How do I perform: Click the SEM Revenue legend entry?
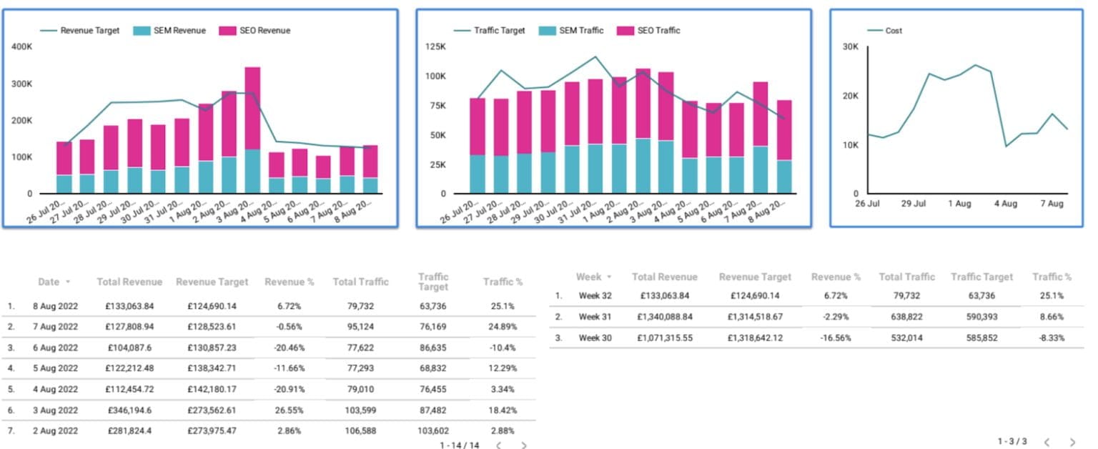point(179,31)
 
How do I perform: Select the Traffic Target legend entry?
point(499,31)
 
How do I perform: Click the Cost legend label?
point(894,31)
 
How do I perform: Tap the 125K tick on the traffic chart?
point(435,46)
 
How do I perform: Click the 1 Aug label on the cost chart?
point(959,204)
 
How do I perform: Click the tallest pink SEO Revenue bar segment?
point(252,108)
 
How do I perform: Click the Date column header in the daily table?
point(49,282)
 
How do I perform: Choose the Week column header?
point(589,277)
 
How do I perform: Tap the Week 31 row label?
point(594,317)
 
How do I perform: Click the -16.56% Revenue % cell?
point(836,337)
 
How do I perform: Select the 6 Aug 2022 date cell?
point(56,347)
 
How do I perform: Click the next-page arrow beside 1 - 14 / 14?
point(524,445)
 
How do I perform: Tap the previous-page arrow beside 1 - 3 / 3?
point(1046,443)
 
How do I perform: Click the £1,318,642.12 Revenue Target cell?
point(756,337)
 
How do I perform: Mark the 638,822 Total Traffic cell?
point(906,317)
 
